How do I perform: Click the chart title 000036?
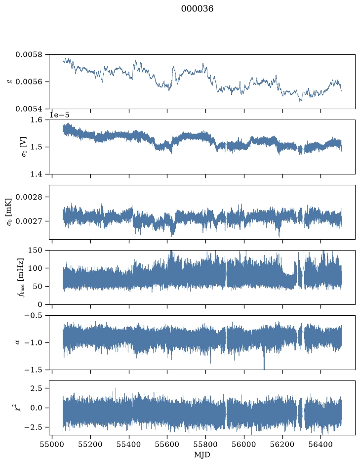[197, 8]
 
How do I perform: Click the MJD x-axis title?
[202, 455]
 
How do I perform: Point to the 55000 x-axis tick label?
[52, 444]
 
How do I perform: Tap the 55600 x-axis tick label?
[167, 444]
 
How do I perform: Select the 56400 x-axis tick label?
[321, 444]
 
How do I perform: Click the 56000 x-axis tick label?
[244, 444]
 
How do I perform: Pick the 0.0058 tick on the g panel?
[29, 55]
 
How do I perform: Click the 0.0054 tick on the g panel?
[29, 109]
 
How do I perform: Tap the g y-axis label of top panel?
[9, 82]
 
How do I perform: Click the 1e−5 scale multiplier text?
[59, 115]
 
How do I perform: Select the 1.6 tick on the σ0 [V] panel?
[37, 120]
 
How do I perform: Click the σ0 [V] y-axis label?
[24, 147]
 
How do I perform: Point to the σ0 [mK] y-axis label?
[9, 212]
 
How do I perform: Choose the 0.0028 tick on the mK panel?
[29, 197]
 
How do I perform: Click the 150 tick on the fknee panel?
[35, 251]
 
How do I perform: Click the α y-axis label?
[17, 342]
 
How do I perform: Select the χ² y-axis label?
[18, 408]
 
